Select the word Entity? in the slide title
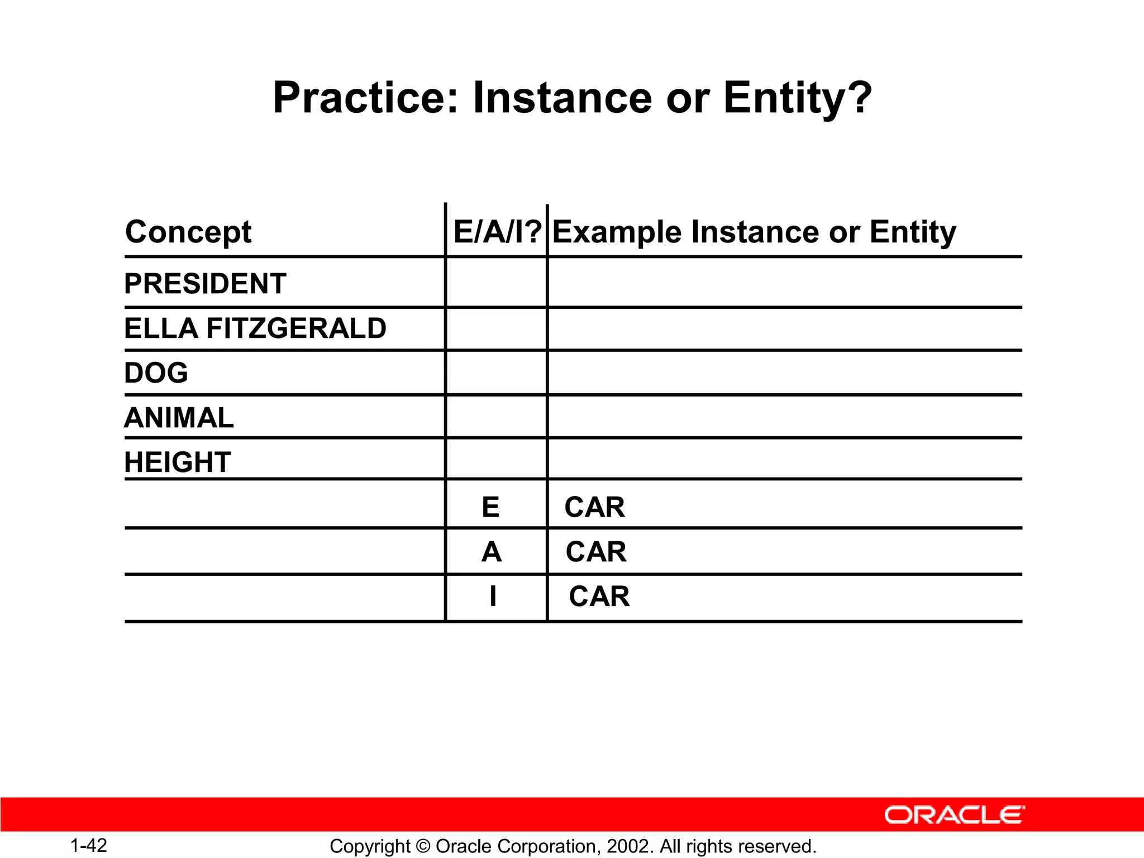[798, 98]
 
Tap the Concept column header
[188, 232]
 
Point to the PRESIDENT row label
[205, 284]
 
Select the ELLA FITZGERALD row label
[255, 328]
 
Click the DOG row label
[156, 373]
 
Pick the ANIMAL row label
[179, 418]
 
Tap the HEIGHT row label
[178, 463]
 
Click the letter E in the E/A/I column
[490, 507]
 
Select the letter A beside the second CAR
[492, 552]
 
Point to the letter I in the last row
[492, 597]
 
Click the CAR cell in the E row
[594, 507]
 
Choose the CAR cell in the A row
[595, 552]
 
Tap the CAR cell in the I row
[599, 597]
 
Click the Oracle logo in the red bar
[954, 815]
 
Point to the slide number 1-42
[89, 846]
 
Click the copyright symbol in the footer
[423, 847]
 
